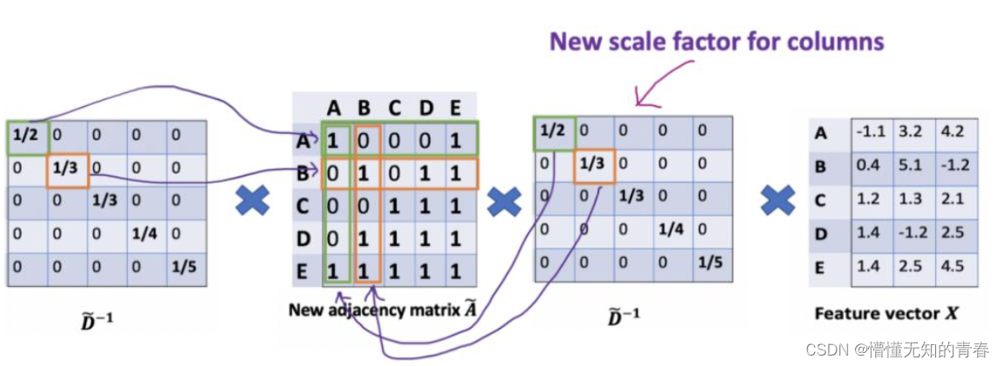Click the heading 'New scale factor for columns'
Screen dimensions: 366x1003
(716, 41)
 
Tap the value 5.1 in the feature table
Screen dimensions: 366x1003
(910, 165)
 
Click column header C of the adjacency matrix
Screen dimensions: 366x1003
(395, 108)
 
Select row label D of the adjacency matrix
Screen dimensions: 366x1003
(303, 237)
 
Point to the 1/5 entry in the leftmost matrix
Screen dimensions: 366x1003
(185, 266)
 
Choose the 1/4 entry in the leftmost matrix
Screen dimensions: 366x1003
(145, 233)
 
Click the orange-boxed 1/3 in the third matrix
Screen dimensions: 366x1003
(594, 163)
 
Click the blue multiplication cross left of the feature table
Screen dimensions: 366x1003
(778, 202)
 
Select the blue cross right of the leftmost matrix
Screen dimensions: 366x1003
(252, 202)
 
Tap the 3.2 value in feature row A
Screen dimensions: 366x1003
(910, 133)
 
